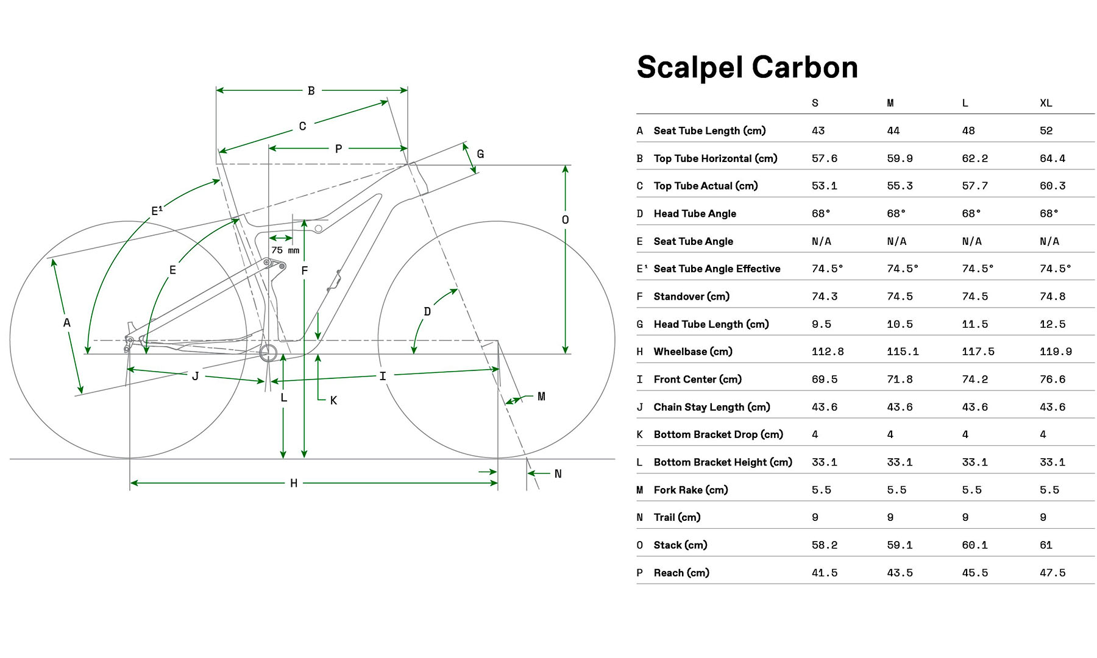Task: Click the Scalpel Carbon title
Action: click(x=747, y=68)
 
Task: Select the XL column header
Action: click(x=1046, y=103)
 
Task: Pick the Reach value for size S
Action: click(x=824, y=573)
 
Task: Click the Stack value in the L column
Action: click(x=975, y=545)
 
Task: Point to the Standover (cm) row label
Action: click(x=691, y=296)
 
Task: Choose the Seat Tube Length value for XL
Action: click(x=1046, y=130)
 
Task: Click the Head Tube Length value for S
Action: click(x=821, y=324)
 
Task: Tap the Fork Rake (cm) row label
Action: click(x=691, y=490)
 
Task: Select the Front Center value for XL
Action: click(x=1053, y=379)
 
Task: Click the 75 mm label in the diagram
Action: click(x=285, y=250)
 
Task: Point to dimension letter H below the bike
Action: click(x=294, y=483)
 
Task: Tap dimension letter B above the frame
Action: click(x=311, y=91)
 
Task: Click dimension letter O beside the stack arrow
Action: click(x=565, y=220)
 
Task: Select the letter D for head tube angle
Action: click(x=427, y=312)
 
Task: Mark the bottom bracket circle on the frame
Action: click(x=268, y=353)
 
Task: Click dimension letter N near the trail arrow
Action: click(x=558, y=474)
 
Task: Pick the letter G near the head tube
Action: click(x=480, y=154)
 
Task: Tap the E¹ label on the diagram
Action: click(x=157, y=211)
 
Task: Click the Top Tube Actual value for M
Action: click(x=900, y=186)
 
